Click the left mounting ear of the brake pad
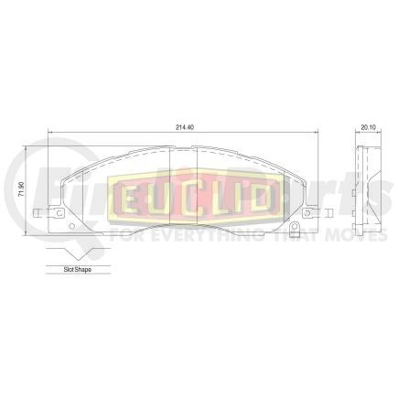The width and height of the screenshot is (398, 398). [42, 216]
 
